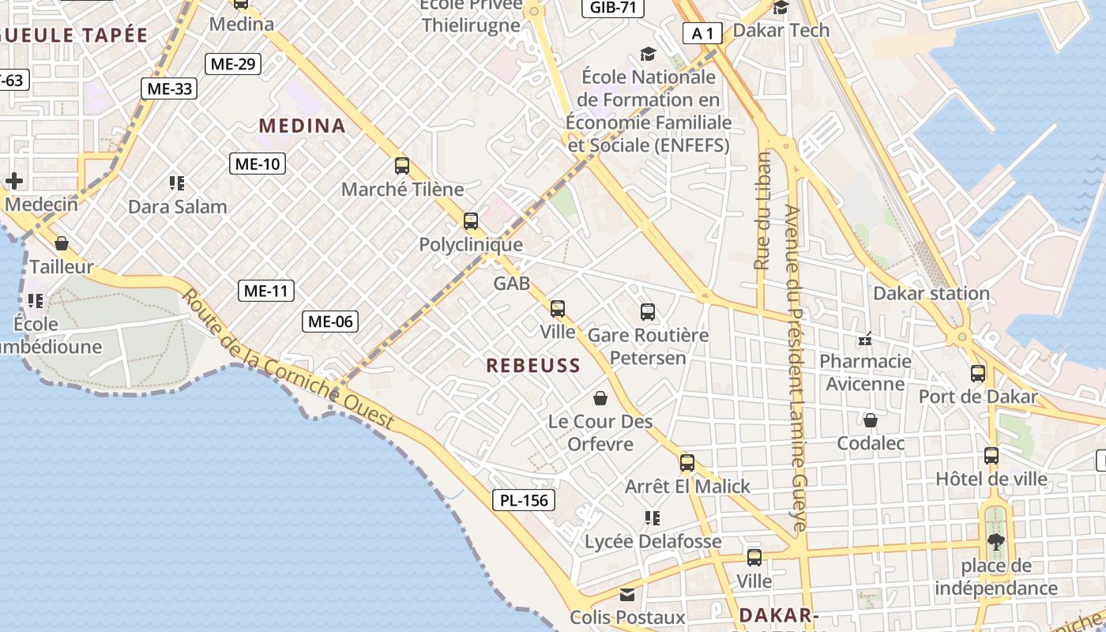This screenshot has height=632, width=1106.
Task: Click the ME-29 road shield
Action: click(233, 64)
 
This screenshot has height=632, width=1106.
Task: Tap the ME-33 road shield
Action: click(170, 88)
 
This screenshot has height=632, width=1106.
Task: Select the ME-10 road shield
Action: click(258, 164)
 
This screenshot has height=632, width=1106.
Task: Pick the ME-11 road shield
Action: click(266, 291)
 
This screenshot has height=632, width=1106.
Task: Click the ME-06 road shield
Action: click(330, 321)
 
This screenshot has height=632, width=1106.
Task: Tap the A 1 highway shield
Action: click(702, 33)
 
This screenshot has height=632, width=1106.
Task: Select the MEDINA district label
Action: click(303, 126)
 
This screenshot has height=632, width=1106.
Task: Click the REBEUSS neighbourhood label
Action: click(533, 365)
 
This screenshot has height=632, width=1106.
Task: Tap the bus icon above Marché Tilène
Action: click(402, 166)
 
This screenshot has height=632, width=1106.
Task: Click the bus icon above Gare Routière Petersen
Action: click(648, 312)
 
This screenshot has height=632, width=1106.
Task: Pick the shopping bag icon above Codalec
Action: click(871, 420)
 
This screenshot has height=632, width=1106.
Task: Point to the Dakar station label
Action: click(931, 294)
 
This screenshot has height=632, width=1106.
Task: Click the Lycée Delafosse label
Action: click(653, 541)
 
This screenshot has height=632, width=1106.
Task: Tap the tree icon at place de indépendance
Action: click(995, 541)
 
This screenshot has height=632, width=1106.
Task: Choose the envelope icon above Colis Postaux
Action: click(627, 594)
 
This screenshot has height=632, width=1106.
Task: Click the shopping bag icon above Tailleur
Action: click(62, 243)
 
